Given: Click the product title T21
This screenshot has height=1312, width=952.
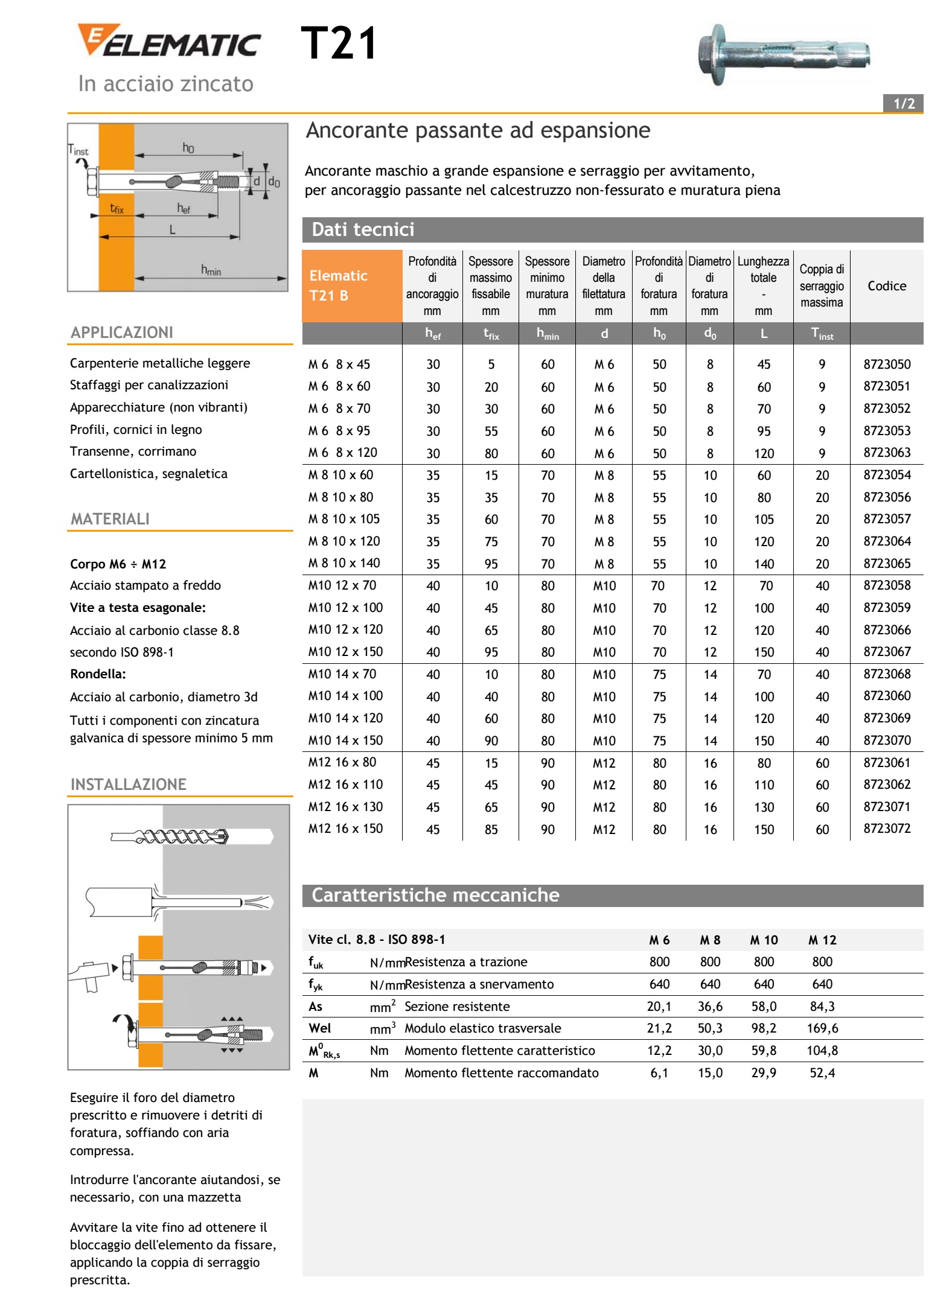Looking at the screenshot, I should point(339,43).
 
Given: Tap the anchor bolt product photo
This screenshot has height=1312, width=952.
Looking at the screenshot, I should point(783,54).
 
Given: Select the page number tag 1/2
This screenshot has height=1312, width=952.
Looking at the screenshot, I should point(903,103).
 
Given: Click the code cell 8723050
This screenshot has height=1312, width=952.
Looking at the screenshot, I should point(886,365).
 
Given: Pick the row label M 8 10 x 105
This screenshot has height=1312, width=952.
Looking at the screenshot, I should point(344,519).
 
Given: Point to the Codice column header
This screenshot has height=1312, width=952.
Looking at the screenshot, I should point(886,286).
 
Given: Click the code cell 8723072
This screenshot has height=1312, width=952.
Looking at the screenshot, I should point(886,829).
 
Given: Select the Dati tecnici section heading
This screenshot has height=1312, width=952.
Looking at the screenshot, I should point(363,230).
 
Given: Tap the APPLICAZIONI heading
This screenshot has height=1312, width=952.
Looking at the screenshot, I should point(122,333).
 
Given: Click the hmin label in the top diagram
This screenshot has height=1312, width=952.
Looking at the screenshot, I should point(211,270).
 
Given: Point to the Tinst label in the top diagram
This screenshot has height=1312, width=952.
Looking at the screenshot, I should point(78,150).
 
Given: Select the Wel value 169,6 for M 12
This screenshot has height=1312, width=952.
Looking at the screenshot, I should point(822,1028).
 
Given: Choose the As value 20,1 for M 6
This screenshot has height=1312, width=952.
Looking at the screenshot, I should point(659,1006).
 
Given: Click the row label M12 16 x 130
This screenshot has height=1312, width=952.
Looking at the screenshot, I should point(345,807).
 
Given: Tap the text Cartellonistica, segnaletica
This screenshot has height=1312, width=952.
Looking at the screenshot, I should point(149,474).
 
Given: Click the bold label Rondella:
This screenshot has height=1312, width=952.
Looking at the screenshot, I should point(98,674).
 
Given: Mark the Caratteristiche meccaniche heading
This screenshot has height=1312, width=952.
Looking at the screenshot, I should point(435,895).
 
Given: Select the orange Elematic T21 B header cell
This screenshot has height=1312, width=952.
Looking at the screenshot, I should point(352,286).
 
